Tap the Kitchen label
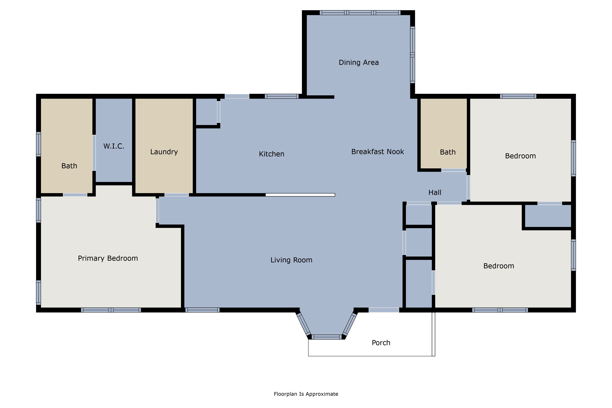(271, 154)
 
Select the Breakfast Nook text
(378, 152)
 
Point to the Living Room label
(291, 260)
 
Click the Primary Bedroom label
(108, 258)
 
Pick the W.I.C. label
(114, 146)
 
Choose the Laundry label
(164, 152)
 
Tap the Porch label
(381, 343)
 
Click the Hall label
(435, 193)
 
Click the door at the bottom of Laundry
(176, 195)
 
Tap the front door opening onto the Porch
(384, 310)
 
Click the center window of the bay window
(327, 337)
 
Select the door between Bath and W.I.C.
(94, 153)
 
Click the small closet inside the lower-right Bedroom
(548, 216)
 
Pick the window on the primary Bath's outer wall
(39, 144)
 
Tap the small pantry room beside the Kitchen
(206, 112)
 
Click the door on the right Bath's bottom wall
(453, 170)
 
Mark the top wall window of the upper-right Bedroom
(518, 96)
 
